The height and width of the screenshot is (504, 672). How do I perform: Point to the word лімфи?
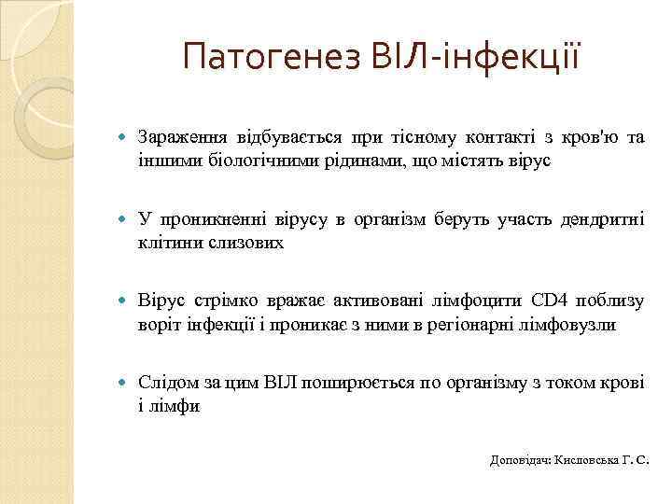(175, 407)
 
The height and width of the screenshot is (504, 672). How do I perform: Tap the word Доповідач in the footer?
(520, 460)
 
